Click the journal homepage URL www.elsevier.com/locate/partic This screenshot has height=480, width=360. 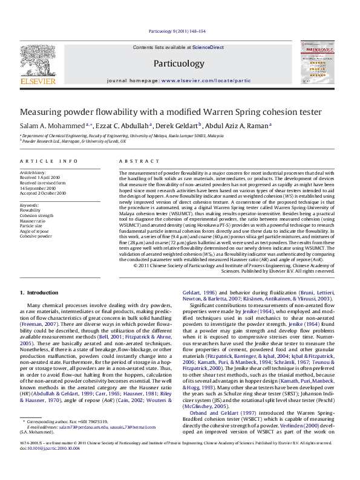206,80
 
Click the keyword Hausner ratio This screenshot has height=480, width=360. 32,221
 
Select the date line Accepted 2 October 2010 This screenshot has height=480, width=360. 43,193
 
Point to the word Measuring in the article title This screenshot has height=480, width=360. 44,112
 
